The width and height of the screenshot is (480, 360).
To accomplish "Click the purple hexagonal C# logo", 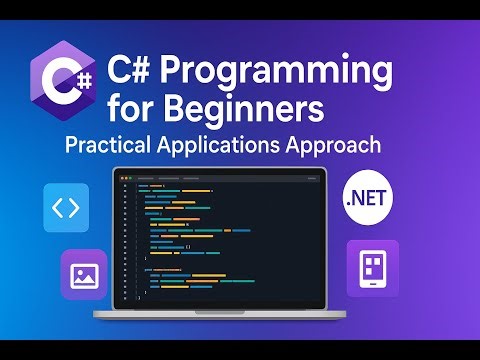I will (x=65, y=81).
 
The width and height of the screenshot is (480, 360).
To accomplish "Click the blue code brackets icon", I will (x=66, y=208).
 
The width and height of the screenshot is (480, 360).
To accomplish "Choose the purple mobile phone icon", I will (x=372, y=268).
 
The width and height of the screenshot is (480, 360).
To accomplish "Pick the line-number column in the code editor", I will (x=127, y=240).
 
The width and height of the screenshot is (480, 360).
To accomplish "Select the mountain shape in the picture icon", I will (x=84, y=278).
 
